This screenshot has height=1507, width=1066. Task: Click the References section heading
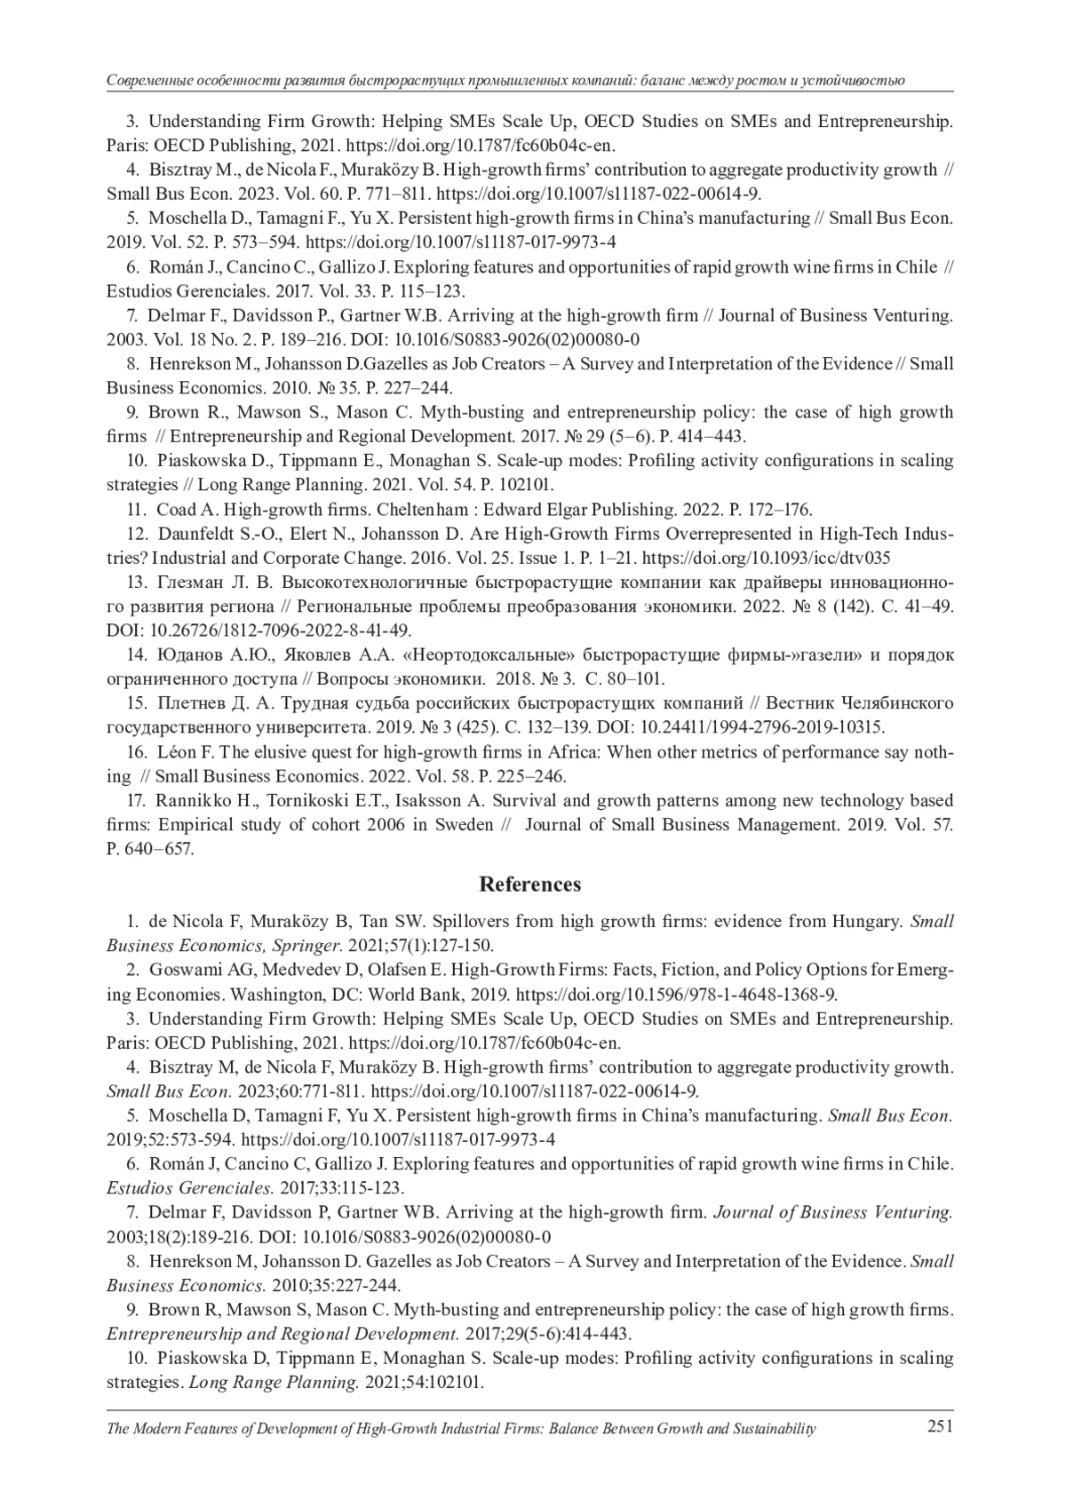[530, 884]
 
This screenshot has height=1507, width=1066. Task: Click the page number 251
[940, 1426]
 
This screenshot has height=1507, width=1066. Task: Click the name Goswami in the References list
[179, 970]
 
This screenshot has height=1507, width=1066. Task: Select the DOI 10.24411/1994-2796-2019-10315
[762, 728]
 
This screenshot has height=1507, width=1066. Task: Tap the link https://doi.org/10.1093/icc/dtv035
[766, 559]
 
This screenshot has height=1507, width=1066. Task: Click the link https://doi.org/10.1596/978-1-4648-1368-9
[676, 994]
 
